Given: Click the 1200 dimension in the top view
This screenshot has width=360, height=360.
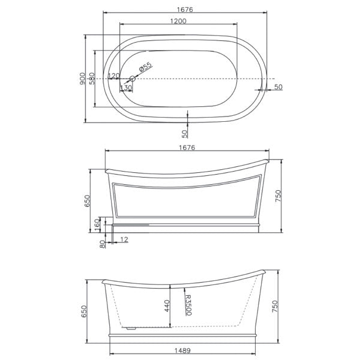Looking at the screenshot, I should coord(178,21).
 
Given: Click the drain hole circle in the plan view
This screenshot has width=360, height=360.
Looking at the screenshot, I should coord(134,78).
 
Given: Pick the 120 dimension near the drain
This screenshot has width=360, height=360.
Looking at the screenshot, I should coord(113,76).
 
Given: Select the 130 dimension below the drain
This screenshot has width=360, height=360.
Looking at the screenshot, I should coord(126,88).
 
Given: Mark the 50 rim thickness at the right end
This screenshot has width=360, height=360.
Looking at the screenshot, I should coord(278,88).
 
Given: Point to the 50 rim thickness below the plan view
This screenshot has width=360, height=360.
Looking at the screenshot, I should coord(185,128).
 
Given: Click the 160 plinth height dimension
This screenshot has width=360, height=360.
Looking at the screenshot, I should coord(98,223).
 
